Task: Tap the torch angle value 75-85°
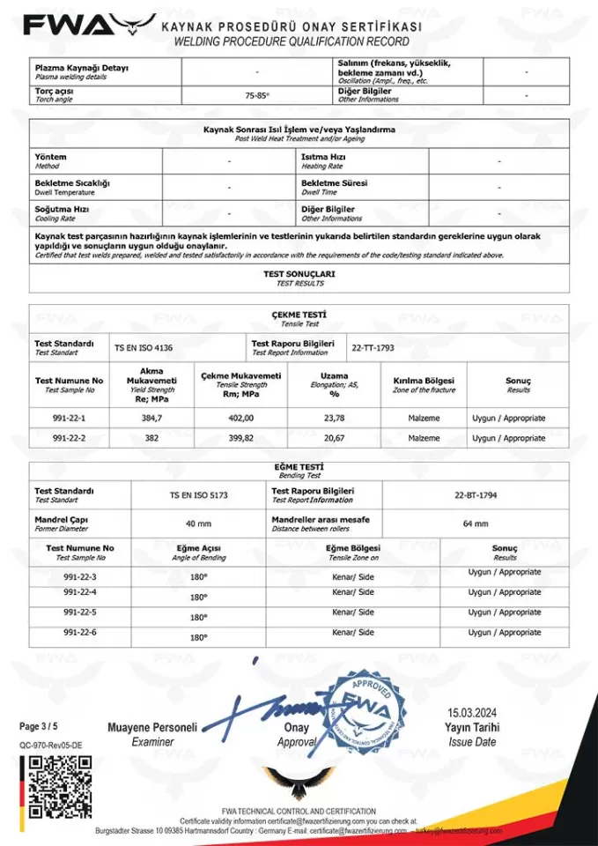pyautogui.click(x=257, y=94)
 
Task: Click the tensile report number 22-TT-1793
pyautogui.click(x=373, y=347)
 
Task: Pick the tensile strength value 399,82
pyautogui.click(x=240, y=438)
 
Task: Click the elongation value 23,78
pyautogui.click(x=334, y=419)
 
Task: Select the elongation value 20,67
pyautogui.click(x=334, y=438)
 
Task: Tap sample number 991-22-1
pyautogui.click(x=69, y=419)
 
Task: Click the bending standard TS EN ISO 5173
pyautogui.click(x=198, y=495)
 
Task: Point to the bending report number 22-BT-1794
pyautogui.click(x=476, y=495)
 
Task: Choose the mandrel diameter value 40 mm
pyautogui.click(x=198, y=523)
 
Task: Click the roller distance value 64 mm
pyautogui.click(x=476, y=523)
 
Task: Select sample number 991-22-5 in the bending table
pyautogui.click(x=80, y=612)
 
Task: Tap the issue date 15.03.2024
pyautogui.click(x=472, y=712)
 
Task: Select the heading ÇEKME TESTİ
pyautogui.click(x=299, y=315)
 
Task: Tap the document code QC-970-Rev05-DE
pyautogui.click(x=50, y=745)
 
